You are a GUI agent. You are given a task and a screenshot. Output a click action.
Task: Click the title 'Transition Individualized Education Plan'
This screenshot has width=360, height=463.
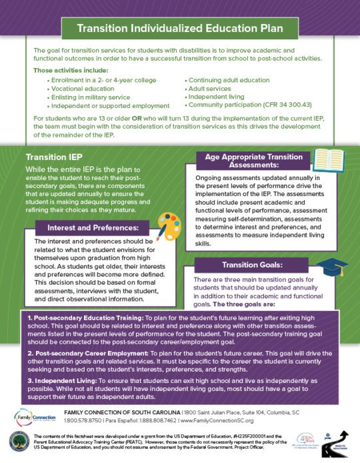pos(180,29)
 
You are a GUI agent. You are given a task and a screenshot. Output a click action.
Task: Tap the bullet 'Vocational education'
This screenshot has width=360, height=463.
pos(83,88)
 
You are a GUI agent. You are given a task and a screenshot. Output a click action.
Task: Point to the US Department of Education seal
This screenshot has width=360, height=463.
pos(18,444)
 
